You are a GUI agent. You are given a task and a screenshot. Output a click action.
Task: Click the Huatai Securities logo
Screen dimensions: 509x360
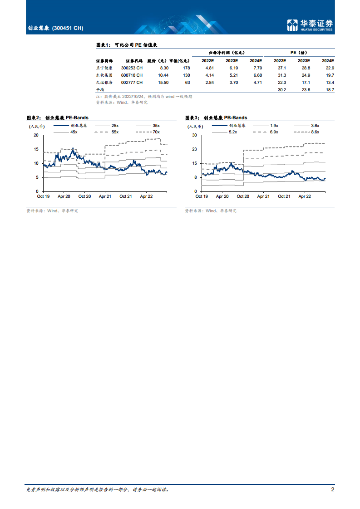pos(310,24)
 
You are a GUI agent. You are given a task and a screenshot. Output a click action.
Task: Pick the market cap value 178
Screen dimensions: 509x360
pos(186,68)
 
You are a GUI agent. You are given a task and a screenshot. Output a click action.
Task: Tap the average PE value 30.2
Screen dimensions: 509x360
pos(281,90)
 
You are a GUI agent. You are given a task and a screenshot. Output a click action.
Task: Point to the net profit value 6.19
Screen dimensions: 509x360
pos(232,68)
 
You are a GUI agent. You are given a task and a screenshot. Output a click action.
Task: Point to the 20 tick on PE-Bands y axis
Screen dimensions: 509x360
pos(36,135)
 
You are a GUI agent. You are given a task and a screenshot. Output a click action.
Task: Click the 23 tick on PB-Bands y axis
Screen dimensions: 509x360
pos(194,149)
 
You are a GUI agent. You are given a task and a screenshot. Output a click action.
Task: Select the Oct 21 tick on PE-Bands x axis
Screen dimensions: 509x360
pos(126,196)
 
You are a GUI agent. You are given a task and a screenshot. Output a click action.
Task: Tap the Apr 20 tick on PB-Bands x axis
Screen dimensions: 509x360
pos(222,196)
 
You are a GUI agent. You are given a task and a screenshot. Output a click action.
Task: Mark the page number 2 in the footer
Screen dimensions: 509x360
pos(333,489)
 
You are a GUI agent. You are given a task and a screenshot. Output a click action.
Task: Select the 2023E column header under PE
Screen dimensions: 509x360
pos(304,60)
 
